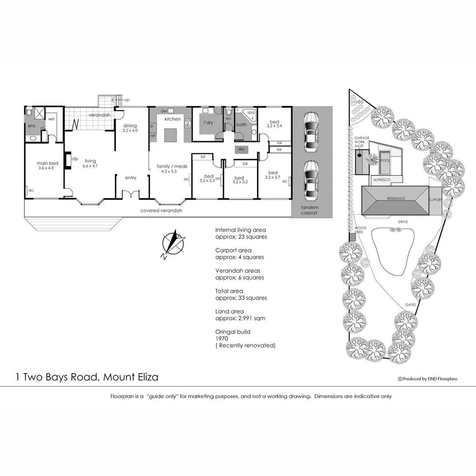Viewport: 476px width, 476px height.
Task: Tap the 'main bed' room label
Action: click(x=48, y=163)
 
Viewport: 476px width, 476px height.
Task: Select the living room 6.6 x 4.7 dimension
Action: click(x=90, y=166)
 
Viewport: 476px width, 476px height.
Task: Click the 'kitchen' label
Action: click(x=172, y=119)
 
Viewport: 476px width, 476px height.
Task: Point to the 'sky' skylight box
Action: click(x=241, y=149)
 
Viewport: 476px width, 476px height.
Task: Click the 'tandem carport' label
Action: click(x=309, y=210)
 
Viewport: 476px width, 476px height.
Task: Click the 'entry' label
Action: click(x=130, y=178)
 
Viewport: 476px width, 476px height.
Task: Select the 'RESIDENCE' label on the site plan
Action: click(x=396, y=198)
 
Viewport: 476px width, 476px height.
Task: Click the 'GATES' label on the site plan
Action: click(x=411, y=305)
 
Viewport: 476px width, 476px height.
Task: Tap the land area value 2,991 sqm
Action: click(x=248, y=318)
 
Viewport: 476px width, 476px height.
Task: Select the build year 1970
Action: click(x=222, y=338)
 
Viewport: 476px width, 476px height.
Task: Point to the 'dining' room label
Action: click(x=130, y=125)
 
